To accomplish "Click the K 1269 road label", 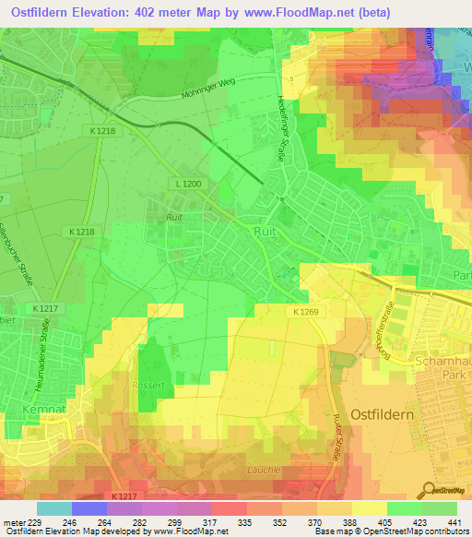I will pos(306,313).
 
